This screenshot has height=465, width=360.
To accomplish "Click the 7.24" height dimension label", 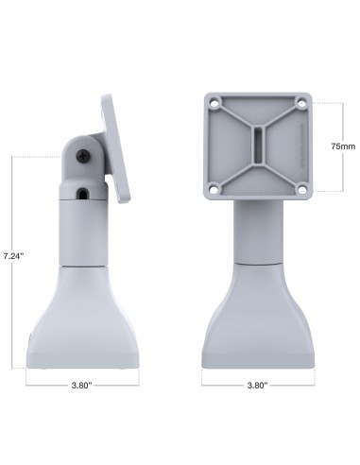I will (x=13, y=256).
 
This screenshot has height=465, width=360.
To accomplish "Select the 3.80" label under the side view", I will (x=83, y=386).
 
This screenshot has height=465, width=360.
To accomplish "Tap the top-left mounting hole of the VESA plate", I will (x=219, y=102).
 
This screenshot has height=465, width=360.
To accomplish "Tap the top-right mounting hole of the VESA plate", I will (x=301, y=102).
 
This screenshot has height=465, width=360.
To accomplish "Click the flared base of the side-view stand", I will (x=83, y=321).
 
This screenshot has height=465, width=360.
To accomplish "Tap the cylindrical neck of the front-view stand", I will (x=257, y=232).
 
